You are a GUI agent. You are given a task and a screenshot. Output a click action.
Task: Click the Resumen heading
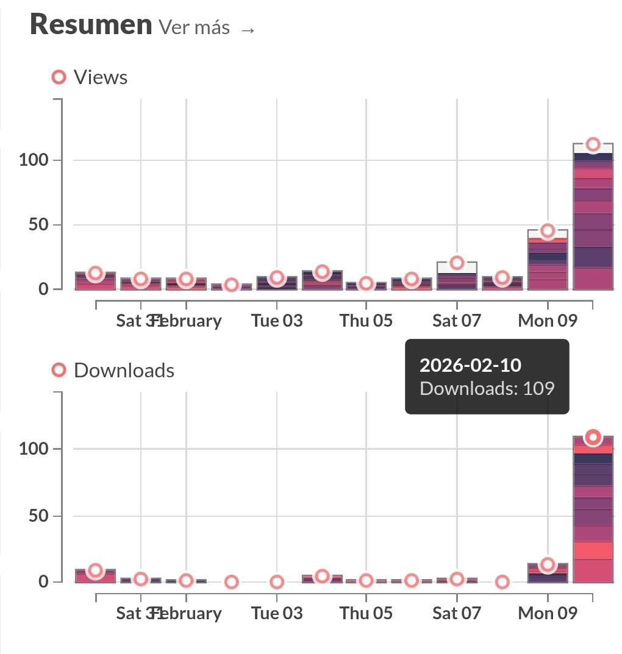tap(91, 25)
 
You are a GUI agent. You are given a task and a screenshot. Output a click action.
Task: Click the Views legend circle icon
tap(59, 77)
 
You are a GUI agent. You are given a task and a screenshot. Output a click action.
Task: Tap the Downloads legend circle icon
tap(59, 370)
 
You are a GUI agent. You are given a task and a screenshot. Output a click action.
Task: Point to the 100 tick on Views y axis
tap(34, 160)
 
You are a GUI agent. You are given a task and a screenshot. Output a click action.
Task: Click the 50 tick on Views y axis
tap(40, 225)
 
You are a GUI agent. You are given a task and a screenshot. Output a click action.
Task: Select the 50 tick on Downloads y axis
tap(40, 516)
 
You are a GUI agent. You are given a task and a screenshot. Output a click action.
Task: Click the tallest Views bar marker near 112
tap(593, 144)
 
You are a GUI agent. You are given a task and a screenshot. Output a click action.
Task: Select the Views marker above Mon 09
tap(548, 230)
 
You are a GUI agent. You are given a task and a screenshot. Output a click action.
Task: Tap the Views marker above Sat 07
tap(457, 263)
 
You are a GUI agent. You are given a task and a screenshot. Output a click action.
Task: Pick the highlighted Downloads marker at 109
tap(593, 437)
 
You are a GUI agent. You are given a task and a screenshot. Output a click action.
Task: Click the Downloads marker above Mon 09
tap(548, 564)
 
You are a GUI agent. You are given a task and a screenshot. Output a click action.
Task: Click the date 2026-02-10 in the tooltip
tap(470, 365)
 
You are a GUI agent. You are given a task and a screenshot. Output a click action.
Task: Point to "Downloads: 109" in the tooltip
tap(487, 388)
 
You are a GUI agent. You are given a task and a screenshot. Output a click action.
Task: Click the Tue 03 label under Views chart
tap(277, 321)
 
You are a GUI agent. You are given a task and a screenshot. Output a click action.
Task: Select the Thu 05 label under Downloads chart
tap(366, 613)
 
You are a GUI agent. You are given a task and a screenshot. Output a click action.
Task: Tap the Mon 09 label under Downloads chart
tap(548, 613)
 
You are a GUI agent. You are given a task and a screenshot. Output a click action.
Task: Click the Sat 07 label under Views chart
tap(457, 321)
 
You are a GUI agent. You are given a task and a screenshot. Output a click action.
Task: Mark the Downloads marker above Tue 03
tap(277, 582)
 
